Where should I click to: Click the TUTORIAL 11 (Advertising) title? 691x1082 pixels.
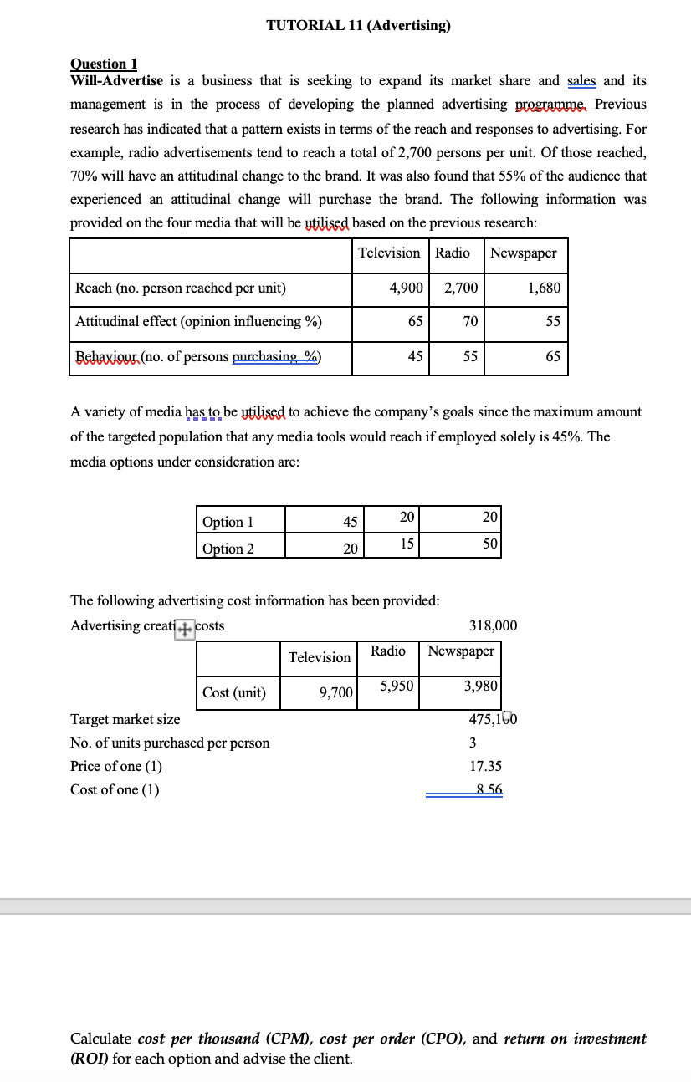click(358, 25)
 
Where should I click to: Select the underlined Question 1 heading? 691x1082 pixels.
click(104, 64)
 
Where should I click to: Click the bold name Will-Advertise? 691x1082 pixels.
click(116, 80)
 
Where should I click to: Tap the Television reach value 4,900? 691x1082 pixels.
click(407, 288)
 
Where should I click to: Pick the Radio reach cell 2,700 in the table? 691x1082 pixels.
click(461, 288)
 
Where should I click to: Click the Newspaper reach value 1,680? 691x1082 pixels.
click(544, 288)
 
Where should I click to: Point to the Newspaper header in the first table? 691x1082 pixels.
click(524, 253)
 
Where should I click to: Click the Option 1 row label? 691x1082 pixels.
click(228, 522)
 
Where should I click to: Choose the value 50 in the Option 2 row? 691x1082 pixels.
click(491, 544)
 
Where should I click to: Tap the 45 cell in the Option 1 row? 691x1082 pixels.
click(351, 522)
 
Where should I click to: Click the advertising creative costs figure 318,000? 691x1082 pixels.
click(493, 625)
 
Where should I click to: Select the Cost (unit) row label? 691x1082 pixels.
click(234, 692)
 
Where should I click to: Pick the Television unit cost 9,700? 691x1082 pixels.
click(336, 692)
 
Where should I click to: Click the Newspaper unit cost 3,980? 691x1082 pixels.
click(480, 686)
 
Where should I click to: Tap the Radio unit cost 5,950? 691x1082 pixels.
click(395, 686)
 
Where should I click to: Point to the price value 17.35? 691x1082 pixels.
click(486, 766)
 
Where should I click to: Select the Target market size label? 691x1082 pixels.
click(125, 719)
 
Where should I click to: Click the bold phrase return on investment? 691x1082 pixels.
click(575, 1039)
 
